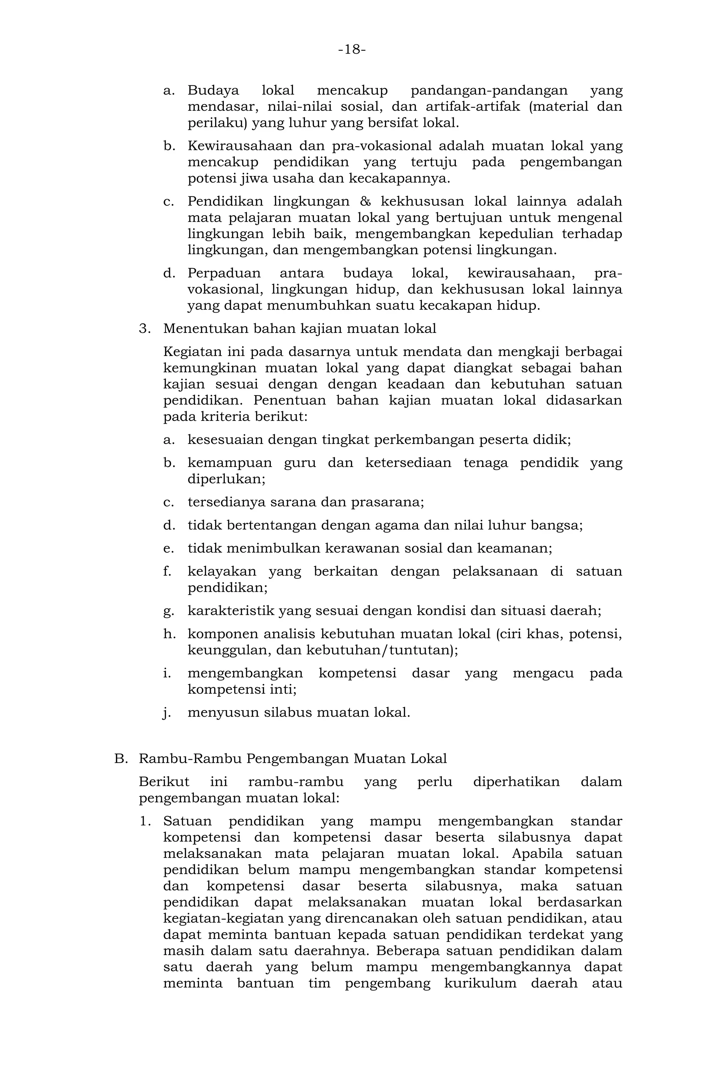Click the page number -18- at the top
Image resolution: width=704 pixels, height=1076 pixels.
[x=352, y=49]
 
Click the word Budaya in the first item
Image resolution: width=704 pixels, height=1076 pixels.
[x=213, y=90]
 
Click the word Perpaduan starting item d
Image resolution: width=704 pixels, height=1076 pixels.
[x=224, y=273]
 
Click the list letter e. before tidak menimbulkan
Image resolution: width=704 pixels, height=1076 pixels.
[x=168, y=548]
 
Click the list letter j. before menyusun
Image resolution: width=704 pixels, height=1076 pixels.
[x=167, y=713]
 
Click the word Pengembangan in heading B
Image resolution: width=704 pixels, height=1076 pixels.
[x=297, y=759]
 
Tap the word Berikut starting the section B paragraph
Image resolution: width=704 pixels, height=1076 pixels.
[x=164, y=782]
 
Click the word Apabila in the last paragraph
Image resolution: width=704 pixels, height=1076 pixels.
[x=537, y=854]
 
